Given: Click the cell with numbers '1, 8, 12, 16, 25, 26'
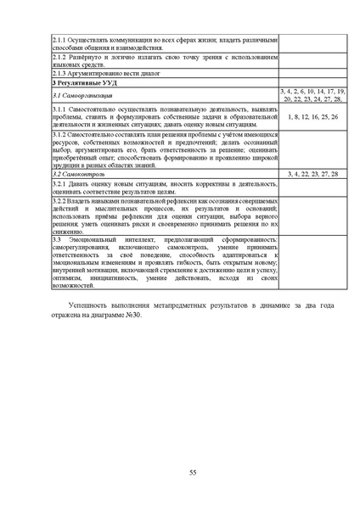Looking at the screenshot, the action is tap(312, 116).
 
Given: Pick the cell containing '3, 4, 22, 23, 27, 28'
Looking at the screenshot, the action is tap(312, 173).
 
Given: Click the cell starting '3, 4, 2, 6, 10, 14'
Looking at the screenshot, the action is tap(312, 95).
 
